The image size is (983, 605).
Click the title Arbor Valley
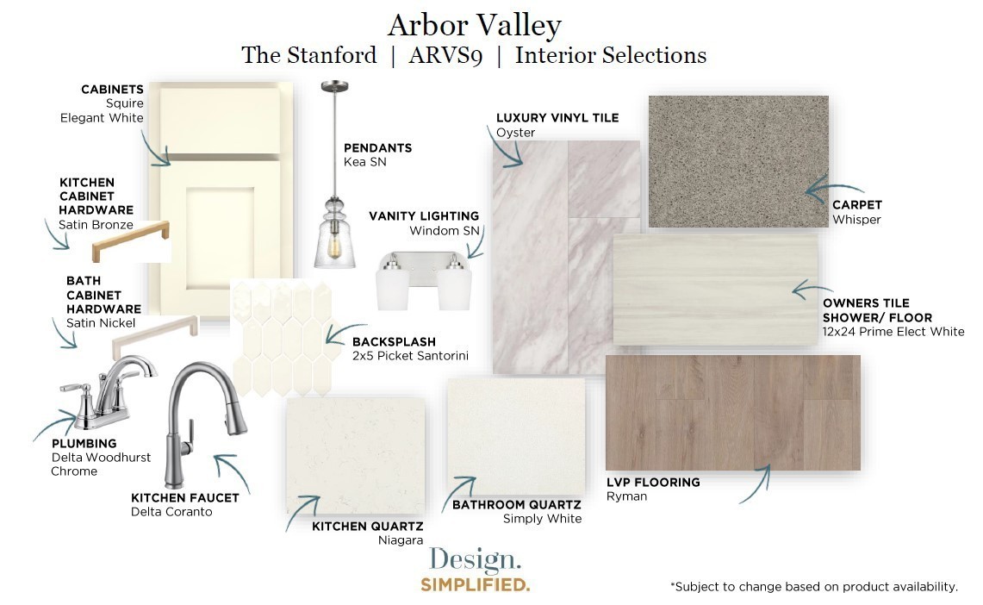474,27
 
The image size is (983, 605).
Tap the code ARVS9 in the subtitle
445,56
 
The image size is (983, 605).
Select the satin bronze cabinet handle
130,240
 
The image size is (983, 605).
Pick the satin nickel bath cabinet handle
155,338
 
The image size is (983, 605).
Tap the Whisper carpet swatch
737,161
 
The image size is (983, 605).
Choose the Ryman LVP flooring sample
733,413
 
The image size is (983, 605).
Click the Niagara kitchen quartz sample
356,455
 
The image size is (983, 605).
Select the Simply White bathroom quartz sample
516,436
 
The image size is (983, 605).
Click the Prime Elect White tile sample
715,290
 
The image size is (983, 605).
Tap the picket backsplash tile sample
281,338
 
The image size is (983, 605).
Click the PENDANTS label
377,148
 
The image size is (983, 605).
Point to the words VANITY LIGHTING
424,216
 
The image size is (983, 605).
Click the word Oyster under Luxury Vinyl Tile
515,133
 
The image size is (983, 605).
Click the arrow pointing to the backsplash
345,331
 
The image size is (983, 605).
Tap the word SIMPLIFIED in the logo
476,585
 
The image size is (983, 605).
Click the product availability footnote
814,587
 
